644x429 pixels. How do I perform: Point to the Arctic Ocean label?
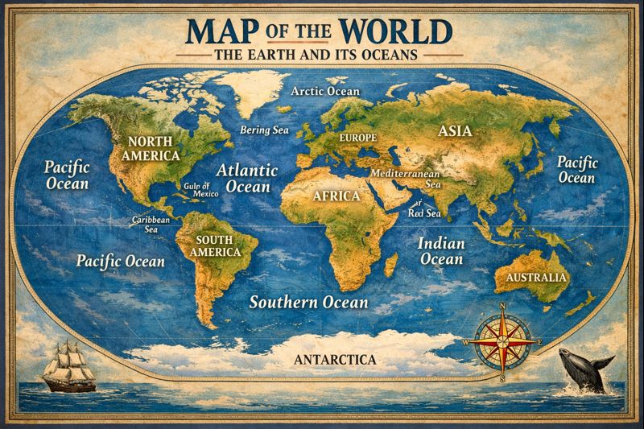tap(325, 91)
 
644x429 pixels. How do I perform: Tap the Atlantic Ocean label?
tap(246, 178)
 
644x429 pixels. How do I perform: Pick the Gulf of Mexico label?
tap(201, 189)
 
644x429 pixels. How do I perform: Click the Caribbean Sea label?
tap(151, 223)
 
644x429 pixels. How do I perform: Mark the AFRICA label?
tap(336, 194)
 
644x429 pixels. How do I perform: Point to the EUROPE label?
tap(357, 138)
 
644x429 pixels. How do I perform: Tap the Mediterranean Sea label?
tap(407, 178)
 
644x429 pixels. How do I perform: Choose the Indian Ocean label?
tap(441, 250)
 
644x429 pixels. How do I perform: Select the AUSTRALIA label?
tap(537, 278)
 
